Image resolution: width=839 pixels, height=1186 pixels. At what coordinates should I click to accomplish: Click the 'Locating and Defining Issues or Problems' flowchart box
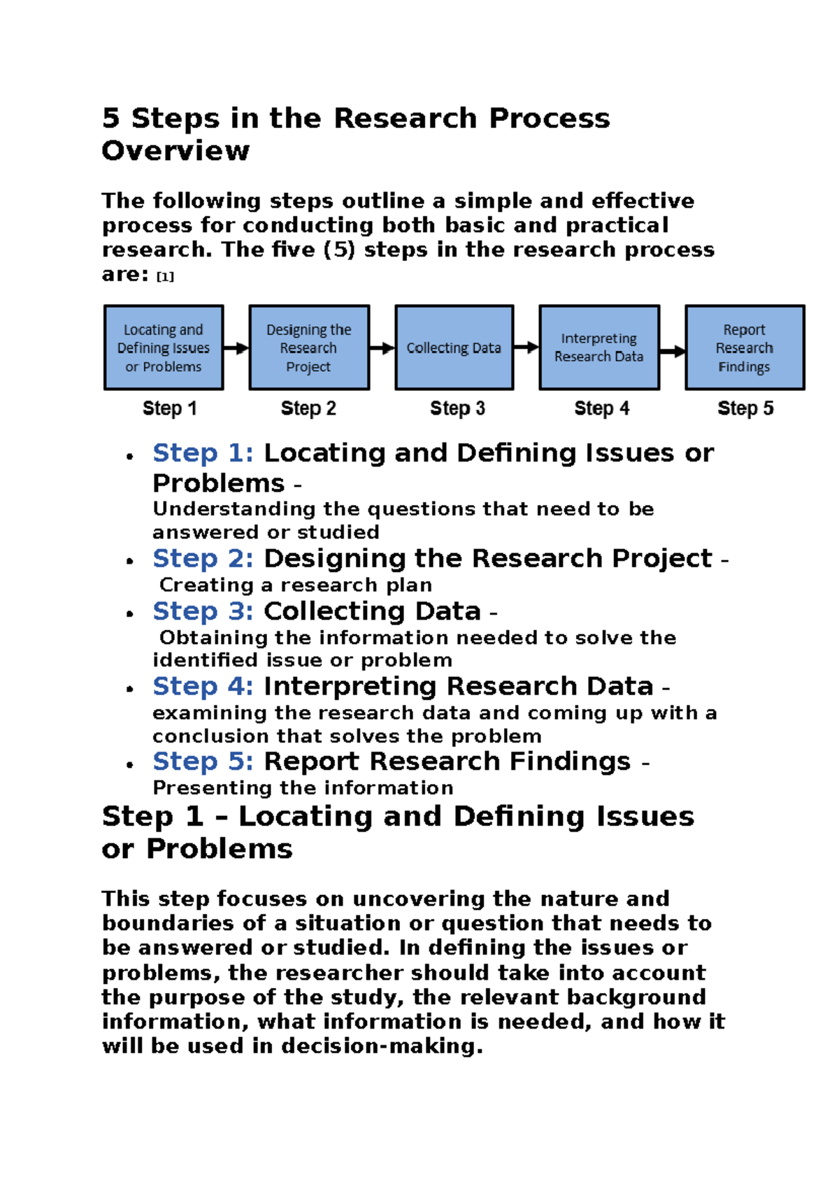(x=164, y=348)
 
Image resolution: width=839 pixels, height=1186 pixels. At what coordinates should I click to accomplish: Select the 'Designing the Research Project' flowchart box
(x=309, y=348)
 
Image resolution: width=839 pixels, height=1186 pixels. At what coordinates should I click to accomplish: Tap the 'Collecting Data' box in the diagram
(x=454, y=348)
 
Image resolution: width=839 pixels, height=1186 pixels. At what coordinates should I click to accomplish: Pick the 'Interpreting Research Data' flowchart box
(x=599, y=348)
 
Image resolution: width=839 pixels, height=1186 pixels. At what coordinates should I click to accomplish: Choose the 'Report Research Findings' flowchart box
(x=745, y=348)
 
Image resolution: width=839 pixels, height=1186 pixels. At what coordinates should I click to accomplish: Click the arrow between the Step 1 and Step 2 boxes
(x=236, y=348)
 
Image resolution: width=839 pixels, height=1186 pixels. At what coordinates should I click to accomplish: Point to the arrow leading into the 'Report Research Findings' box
(x=672, y=351)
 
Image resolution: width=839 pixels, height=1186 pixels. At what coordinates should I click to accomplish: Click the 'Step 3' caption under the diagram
(x=457, y=408)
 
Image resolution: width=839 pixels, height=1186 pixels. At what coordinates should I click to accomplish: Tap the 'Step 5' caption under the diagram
(x=745, y=408)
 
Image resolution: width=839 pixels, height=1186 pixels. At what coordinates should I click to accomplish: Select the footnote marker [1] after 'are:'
(x=165, y=277)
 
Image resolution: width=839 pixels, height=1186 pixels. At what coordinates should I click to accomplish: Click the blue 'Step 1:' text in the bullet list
(x=203, y=453)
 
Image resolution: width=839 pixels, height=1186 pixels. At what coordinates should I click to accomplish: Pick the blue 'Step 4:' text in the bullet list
(x=203, y=687)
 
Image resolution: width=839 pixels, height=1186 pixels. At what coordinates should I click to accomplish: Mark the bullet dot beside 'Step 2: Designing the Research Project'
(x=129, y=561)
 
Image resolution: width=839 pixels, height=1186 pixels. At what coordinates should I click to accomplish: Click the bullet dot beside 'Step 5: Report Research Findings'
(x=129, y=764)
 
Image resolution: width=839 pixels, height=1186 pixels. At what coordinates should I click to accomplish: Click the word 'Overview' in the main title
(x=175, y=151)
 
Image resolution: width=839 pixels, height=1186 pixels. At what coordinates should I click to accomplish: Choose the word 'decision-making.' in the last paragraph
(x=382, y=1046)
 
